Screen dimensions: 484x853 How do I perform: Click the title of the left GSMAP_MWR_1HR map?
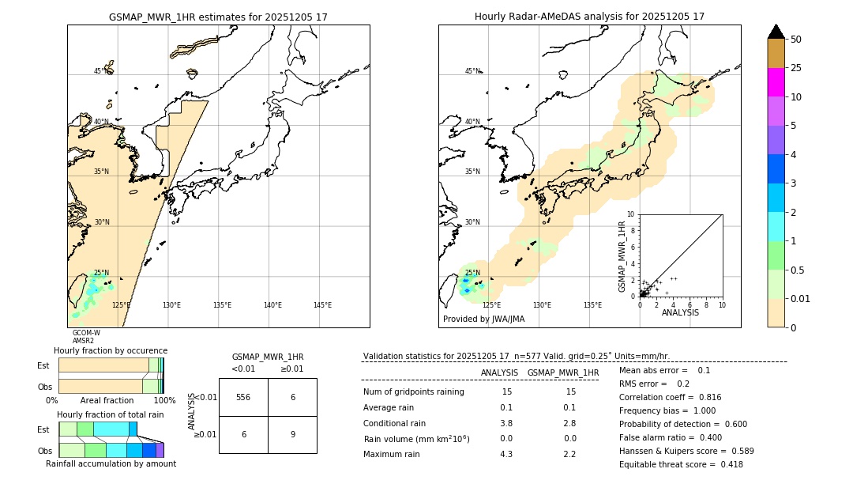tap(218, 17)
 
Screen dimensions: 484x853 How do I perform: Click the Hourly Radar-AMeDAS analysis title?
tap(589, 17)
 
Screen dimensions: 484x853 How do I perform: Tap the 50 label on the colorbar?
tap(796, 40)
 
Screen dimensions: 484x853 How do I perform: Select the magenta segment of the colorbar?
tap(776, 82)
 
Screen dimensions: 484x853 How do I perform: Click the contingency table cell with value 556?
tap(243, 397)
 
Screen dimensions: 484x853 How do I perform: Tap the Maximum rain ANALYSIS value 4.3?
tap(506, 454)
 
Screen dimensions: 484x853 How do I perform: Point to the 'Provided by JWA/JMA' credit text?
tap(483, 320)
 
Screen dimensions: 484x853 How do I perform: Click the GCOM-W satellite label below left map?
tap(86, 333)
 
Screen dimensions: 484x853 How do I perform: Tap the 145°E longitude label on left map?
tap(322, 305)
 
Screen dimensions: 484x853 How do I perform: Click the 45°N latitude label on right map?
tap(472, 71)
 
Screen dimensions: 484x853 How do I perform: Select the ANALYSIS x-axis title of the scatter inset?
tap(680, 312)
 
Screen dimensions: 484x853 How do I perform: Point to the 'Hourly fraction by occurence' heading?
tap(111, 350)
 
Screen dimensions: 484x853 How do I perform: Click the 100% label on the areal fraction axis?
tap(164, 400)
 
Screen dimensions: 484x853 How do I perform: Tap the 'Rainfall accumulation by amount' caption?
tap(111, 463)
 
